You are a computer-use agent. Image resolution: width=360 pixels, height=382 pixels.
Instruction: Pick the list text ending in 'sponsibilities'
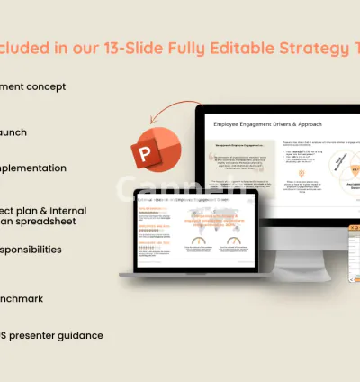[x=31, y=249]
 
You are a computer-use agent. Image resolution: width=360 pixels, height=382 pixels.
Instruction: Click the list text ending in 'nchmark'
[x=22, y=298]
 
